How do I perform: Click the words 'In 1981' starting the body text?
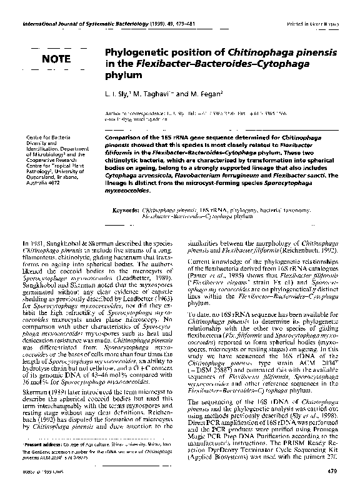(x=32, y=243)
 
